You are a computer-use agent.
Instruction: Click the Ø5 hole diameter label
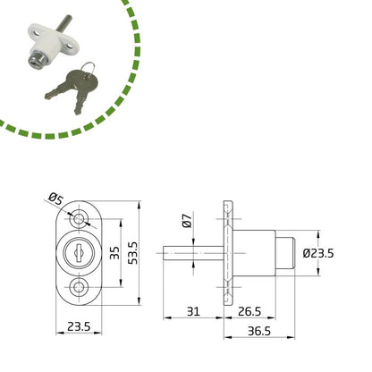(56, 199)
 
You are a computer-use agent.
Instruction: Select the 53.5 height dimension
(133, 253)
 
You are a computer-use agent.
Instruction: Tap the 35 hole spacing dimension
(114, 253)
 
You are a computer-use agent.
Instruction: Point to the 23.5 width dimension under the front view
(79, 326)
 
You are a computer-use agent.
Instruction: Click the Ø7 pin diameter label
(187, 221)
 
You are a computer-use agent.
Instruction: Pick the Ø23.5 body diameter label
(318, 253)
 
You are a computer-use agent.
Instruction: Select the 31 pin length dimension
(193, 312)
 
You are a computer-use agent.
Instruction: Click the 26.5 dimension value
(249, 312)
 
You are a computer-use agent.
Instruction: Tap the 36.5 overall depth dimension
(259, 331)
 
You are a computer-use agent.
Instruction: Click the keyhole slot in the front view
(79, 252)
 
